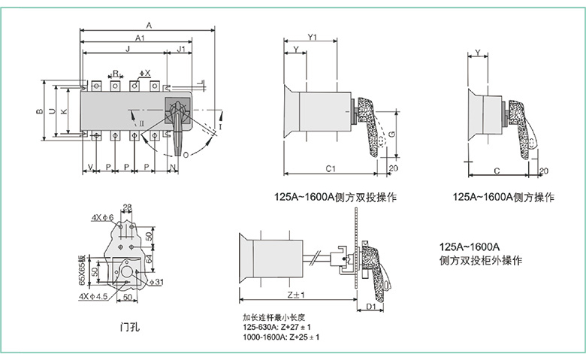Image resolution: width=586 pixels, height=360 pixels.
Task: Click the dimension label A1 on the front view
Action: [140, 38]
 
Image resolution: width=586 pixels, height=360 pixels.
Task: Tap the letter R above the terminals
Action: [115, 73]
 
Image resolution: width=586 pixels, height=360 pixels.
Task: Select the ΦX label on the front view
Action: [145, 73]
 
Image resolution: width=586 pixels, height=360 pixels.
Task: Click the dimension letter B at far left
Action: [39, 111]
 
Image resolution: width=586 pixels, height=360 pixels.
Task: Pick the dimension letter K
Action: [63, 111]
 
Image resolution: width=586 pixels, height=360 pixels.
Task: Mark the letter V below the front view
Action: [90, 165]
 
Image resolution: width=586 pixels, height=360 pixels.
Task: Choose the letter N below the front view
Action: [172, 165]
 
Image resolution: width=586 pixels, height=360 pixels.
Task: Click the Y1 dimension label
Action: [314, 37]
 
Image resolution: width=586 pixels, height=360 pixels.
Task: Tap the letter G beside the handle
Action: [391, 135]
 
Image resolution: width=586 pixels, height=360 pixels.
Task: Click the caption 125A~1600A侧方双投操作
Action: [335, 198]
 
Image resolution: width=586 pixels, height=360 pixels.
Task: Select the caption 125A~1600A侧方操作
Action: [503, 198]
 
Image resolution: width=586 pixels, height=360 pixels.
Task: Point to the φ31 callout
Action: [156, 282]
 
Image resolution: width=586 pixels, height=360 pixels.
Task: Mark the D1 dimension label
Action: [370, 307]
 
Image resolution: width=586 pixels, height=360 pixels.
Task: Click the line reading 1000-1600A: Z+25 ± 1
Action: [281, 337]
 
